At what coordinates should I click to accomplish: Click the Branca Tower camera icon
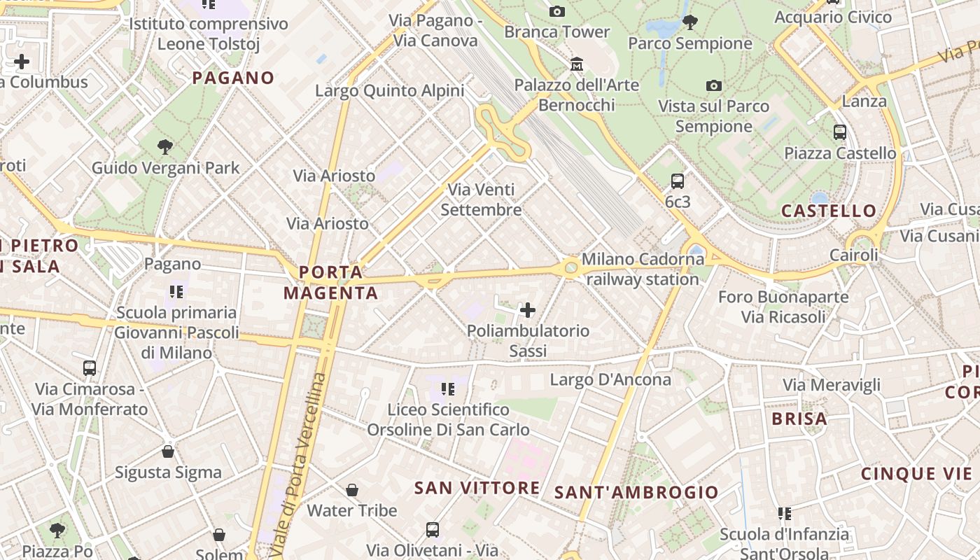click(557, 11)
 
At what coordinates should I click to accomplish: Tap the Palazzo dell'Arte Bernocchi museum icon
click(577, 64)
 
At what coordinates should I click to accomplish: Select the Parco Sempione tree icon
click(690, 22)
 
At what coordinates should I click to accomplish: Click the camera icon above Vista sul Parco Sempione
click(714, 85)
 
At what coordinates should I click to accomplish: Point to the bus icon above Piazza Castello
click(839, 132)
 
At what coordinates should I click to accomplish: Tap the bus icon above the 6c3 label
click(678, 181)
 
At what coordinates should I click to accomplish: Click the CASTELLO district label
click(829, 211)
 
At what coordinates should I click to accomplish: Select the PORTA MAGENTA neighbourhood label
click(331, 282)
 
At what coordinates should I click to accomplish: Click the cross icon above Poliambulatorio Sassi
click(528, 309)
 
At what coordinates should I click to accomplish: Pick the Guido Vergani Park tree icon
click(165, 147)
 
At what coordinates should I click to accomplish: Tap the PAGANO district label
click(233, 78)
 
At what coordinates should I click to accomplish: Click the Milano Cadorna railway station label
click(643, 269)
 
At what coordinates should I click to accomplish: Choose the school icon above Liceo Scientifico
click(448, 388)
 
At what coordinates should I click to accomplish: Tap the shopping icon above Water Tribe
click(352, 490)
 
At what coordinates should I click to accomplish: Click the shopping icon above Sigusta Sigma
click(168, 451)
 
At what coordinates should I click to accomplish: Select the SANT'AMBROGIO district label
click(636, 492)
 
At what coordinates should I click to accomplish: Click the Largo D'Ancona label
click(610, 379)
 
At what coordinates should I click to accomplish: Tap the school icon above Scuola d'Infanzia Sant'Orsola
click(785, 514)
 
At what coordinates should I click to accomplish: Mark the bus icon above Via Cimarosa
click(90, 368)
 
